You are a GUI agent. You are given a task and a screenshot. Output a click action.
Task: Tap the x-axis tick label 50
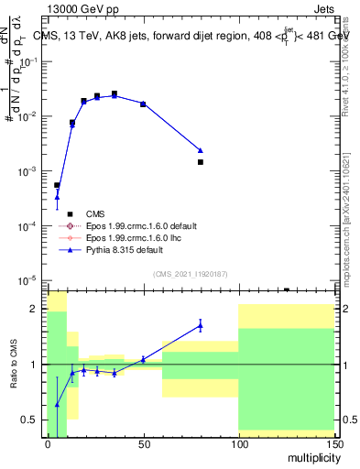pos(143,443)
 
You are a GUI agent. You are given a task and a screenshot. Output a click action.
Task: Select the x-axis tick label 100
pos(238,443)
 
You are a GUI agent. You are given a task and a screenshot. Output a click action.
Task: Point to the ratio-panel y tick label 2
pos(34,310)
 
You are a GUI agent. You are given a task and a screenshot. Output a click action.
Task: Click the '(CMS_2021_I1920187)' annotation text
pos(191,274)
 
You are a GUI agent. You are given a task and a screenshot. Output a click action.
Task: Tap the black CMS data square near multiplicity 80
pos(200,162)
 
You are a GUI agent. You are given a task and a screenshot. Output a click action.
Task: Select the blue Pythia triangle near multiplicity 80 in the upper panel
pos(200,149)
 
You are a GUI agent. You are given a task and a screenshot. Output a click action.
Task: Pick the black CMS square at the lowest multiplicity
pos(57,185)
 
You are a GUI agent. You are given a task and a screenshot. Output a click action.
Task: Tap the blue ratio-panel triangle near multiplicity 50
pos(143,359)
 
